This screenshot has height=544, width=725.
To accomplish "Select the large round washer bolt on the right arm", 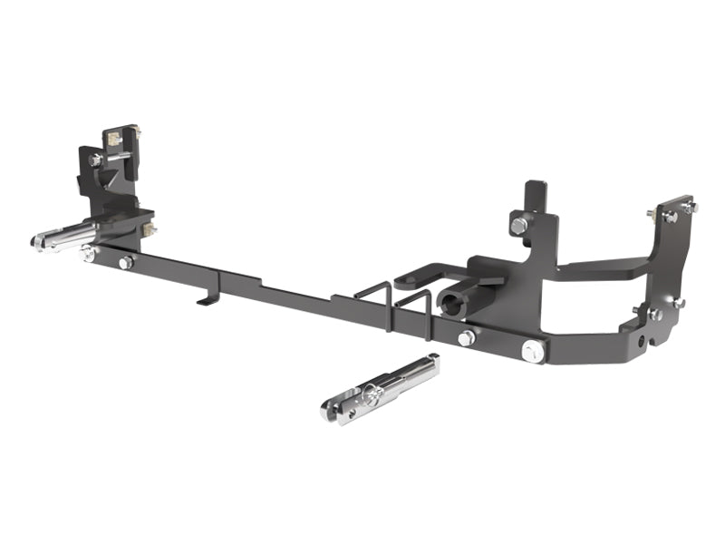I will coord(533,350).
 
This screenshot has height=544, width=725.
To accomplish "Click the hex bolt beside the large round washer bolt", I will coord(467,338).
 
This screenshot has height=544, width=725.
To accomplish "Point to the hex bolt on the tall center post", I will coord(517,224).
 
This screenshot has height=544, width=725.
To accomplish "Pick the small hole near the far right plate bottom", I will coord(643,342).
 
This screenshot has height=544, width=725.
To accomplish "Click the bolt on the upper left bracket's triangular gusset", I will coord(96,160).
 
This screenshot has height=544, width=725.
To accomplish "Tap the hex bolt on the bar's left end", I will coord(125,262).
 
